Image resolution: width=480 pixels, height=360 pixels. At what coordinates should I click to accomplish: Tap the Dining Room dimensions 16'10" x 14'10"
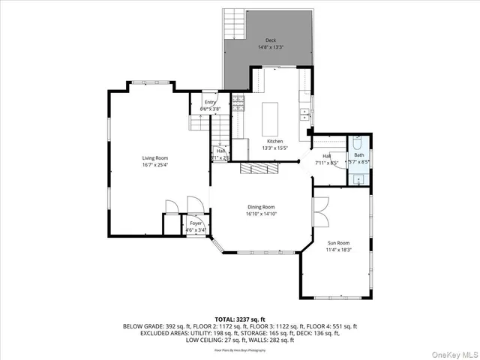(x=261, y=214)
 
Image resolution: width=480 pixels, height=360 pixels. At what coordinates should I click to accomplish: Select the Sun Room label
(x=339, y=243)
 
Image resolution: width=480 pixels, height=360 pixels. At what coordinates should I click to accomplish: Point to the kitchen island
(x=271, y=117)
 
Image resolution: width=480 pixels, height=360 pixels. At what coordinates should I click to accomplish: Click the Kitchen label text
(x=275, y=141)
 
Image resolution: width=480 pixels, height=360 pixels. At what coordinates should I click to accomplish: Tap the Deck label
(x=270, y=40)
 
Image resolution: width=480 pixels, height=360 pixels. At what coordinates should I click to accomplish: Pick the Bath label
(x=359, y=154)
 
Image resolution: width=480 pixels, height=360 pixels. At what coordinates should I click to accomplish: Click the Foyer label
(x=195, y=223)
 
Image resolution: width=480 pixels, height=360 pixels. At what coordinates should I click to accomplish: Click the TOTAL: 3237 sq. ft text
(x=240, y=319)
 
